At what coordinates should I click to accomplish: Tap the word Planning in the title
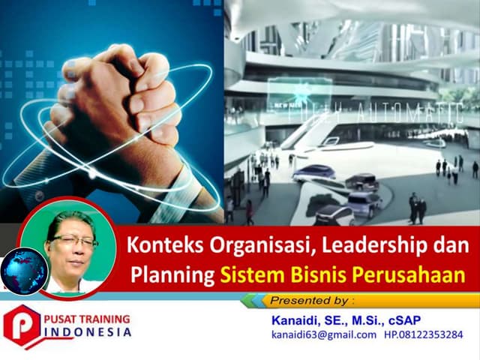[172, 274]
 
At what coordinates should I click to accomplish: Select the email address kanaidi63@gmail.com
[323, 334]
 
